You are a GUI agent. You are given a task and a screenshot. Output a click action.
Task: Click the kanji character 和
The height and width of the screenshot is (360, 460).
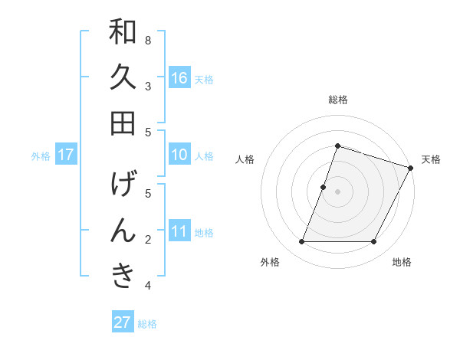(x=123, y=33)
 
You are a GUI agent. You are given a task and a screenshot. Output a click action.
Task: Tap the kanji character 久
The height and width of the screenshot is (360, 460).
(x=123, y=77)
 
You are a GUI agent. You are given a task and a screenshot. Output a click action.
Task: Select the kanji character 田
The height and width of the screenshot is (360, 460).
(x=123, y=123)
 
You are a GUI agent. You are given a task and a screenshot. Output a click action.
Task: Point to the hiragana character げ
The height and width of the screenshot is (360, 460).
(x=123, y=185)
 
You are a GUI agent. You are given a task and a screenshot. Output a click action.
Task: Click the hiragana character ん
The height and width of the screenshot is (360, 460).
(x=123, y=231)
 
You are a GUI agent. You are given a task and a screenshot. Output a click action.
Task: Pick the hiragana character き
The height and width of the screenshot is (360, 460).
(x=123, y=276)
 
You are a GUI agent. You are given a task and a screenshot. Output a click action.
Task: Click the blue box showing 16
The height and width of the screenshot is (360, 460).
(x=179, y=78)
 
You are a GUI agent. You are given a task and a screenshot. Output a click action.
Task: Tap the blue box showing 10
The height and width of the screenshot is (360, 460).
(x=179, y=155)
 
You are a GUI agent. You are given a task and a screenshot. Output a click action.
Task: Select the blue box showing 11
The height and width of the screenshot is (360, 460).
(x=179, y=231)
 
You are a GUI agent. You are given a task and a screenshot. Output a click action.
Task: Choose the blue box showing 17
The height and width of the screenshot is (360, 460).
(x=66, y=155)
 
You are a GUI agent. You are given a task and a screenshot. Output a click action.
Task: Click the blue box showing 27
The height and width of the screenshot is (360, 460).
(x=123, y=322)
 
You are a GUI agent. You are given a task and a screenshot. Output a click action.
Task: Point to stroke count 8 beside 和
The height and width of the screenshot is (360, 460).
(x=147, y=40)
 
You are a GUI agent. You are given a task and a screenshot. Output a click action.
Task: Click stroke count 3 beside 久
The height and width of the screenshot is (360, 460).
(x=147, y=86)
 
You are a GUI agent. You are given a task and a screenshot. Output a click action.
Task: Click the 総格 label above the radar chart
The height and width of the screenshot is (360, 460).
(x=338, y=100)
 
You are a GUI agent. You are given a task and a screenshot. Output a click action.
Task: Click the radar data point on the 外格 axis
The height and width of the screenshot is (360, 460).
(x=301, y=242)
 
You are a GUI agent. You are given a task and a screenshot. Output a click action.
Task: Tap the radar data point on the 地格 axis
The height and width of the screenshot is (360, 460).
(x=374, y=242)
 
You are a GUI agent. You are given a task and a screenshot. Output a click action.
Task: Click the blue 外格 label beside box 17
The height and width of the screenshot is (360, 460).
(x=41, y=156)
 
